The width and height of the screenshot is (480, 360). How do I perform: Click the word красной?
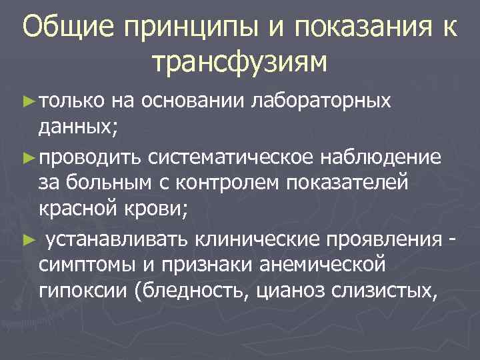click(79, 210)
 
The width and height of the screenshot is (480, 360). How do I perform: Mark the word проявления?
click(393, 238)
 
